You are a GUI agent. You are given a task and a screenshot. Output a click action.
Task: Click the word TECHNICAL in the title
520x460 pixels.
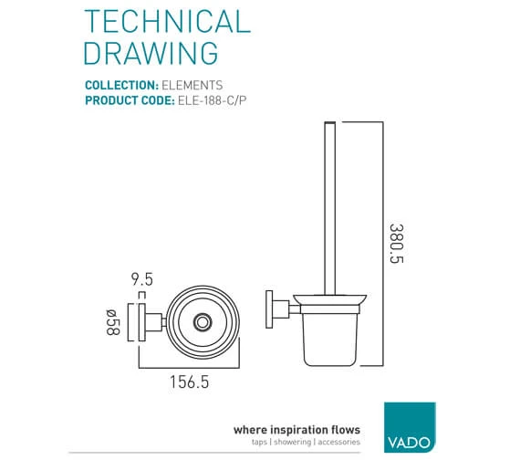tap(168, 22)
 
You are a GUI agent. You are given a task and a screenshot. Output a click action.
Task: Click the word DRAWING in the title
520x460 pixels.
tap(151, 53)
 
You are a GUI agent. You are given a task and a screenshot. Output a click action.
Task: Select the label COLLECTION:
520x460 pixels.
tap(121, 85)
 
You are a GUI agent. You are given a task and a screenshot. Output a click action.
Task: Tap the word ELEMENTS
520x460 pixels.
tap(192, 85)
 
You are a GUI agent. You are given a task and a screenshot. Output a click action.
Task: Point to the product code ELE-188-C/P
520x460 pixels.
tap(213, 100)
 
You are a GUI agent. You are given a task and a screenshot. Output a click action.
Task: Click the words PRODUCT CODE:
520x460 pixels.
tap(130, 100)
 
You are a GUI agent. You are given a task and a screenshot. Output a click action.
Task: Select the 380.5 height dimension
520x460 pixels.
tap(397, 244)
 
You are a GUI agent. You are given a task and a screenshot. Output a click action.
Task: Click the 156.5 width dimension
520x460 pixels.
tap(190, 382)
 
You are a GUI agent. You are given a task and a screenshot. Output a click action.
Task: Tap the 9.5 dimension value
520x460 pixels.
tap(142, 279)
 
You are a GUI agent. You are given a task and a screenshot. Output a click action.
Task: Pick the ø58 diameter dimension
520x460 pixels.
tap(112, 322)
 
